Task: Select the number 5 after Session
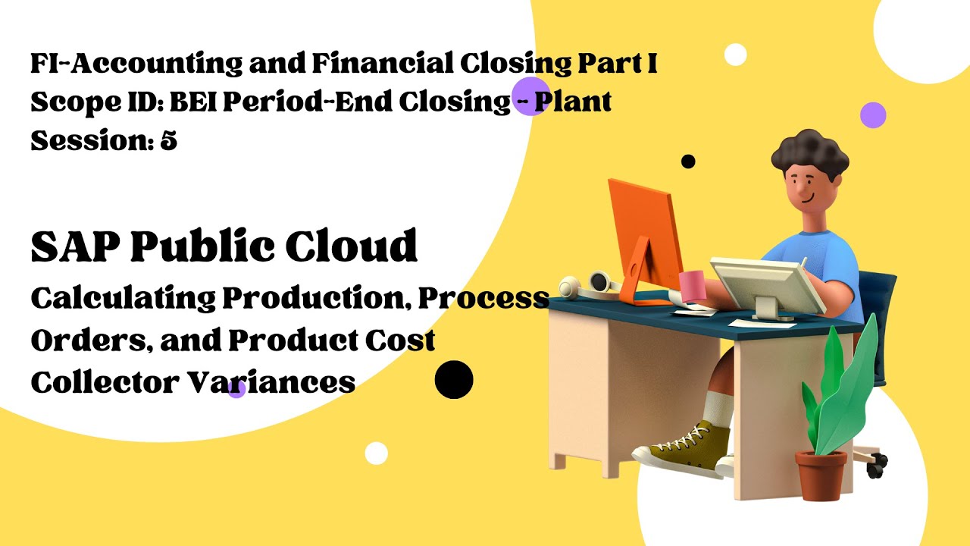coord(168,140)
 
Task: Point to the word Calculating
coord(123,299)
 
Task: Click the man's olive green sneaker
coord(683,449)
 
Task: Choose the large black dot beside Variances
coord(454,379)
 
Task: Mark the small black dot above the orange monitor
coord(688,161)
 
